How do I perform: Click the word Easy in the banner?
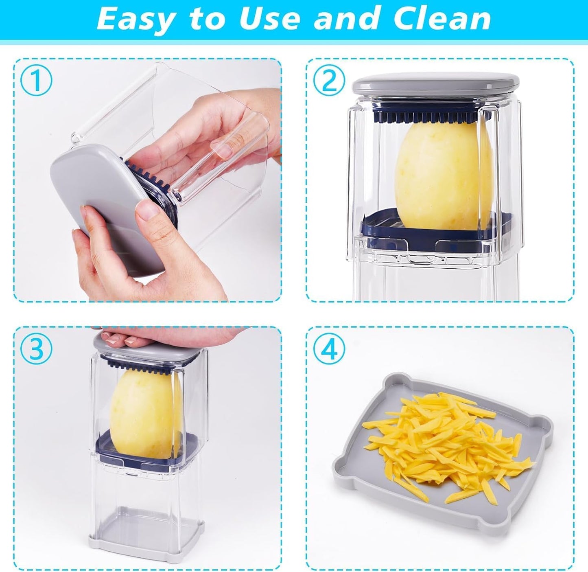pos(134,20)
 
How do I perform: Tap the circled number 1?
pos(37,81)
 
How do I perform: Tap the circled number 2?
pos(329,81)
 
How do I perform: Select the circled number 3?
pos(37,348)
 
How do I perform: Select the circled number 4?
pos(329,348)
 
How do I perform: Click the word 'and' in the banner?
pos(348,19)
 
